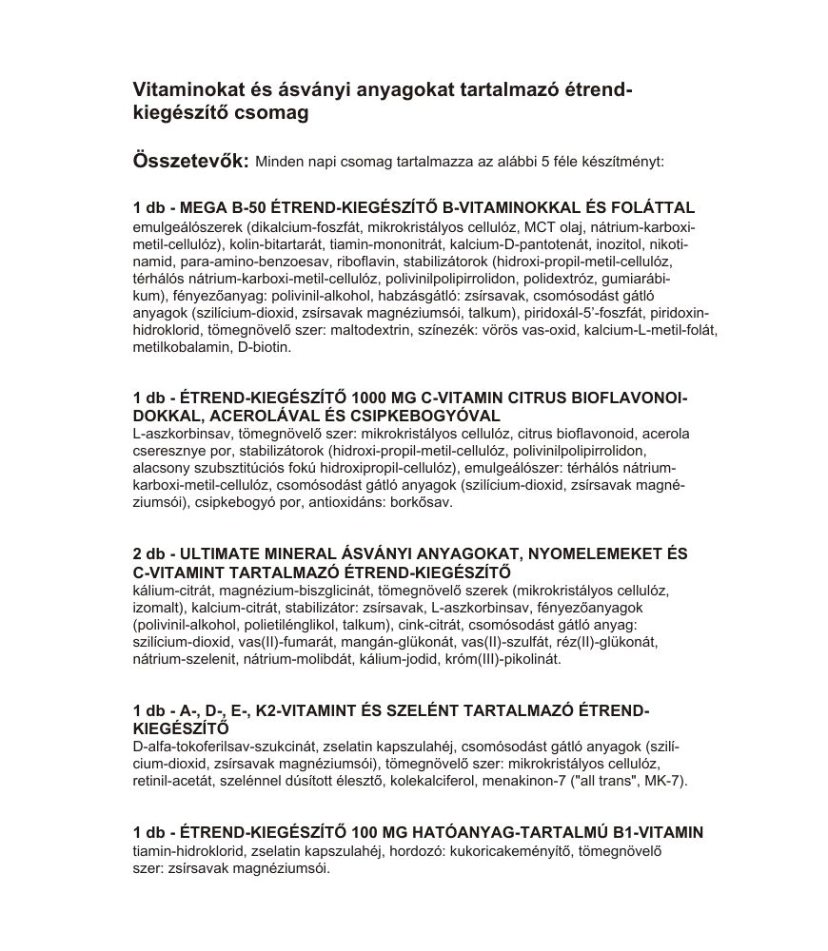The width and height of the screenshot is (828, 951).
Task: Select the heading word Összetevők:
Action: pyautogui.click(x=190, y=160)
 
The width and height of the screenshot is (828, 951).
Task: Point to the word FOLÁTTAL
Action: pyautogui.click(x=654, y=207)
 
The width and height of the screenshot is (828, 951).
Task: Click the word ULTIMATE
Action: pyautogui.click(x=222, y=553)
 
